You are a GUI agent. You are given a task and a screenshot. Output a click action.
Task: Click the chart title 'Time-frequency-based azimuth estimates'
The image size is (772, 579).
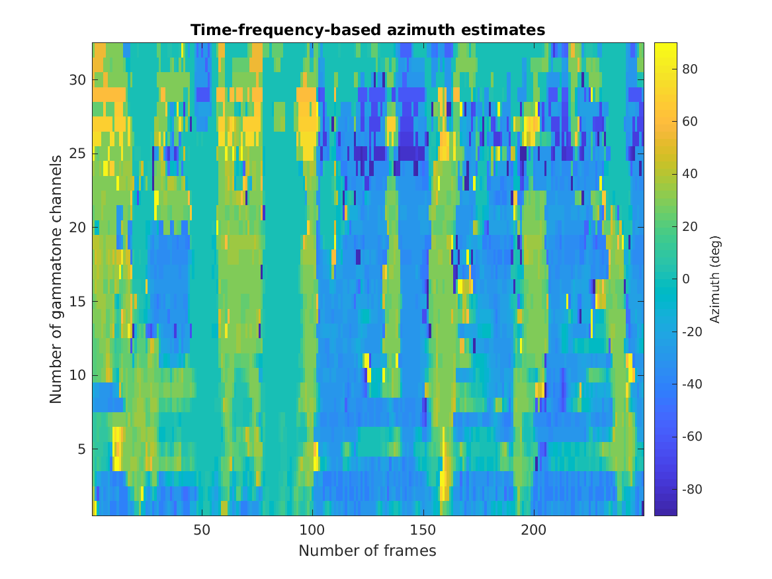pos(367,30)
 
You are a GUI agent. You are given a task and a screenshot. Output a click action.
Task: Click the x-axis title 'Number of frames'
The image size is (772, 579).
pos(367,551)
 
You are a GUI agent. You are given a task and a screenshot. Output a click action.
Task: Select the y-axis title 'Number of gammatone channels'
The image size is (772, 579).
pos(56,279)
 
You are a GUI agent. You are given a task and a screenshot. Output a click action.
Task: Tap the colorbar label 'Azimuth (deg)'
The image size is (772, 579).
pos(714,279)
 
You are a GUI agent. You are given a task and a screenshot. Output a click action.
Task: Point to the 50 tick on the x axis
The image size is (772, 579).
pos(202,530)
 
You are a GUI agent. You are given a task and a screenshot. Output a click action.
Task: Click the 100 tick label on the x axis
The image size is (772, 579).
pos(312,530)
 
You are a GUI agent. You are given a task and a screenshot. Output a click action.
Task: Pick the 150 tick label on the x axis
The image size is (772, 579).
pos(423,530)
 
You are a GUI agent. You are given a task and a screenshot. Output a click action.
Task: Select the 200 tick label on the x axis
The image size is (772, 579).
pos(533,530)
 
